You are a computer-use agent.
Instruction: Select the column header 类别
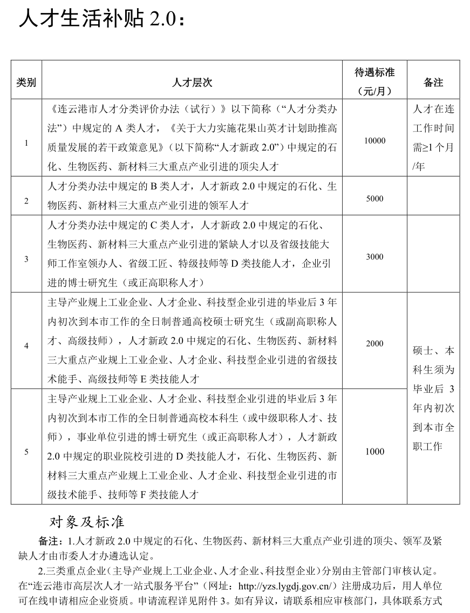coord(26,83)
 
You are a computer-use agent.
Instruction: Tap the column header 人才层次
coord(192,83)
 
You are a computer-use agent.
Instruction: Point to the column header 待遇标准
coord(374,72)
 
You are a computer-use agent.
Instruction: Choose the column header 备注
coord(433,83)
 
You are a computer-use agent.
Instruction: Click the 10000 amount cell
coord(374,141)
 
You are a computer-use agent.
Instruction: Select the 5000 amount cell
coord(374,199)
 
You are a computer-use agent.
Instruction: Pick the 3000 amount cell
coord(374,257)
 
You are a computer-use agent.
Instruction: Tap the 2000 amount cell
coord(374,344)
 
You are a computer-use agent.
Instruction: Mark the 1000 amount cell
coord(374,452)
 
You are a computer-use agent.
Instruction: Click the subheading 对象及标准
coord(87,522)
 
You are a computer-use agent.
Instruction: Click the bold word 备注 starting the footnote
coord(49,541)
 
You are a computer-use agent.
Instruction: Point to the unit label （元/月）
coord(374,92)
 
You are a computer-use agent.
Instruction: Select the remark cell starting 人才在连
coord(433,138)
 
